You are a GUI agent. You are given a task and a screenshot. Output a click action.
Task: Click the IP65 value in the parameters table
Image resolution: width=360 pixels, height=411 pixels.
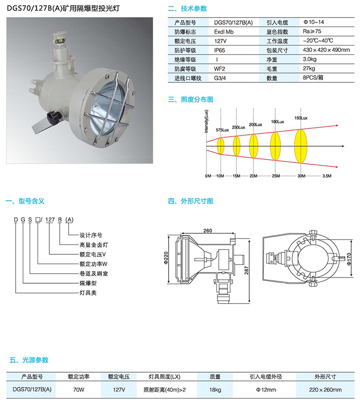coord(219,50)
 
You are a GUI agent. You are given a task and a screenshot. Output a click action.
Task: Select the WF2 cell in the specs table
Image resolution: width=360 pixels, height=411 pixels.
coord(219,69)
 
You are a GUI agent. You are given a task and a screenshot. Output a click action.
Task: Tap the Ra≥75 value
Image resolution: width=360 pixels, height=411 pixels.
coord(312,31)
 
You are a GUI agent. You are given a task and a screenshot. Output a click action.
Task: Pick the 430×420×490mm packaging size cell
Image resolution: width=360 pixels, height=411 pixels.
coord(326,50)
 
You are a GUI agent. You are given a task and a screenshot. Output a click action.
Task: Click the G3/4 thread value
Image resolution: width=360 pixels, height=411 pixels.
coord(220,78)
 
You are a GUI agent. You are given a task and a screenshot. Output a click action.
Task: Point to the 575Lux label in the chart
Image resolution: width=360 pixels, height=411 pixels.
coord(222,130)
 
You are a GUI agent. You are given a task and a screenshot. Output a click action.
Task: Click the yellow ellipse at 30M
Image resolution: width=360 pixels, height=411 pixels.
coord(301,146)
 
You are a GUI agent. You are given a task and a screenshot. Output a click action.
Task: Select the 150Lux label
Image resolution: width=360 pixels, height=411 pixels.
coord(301,118)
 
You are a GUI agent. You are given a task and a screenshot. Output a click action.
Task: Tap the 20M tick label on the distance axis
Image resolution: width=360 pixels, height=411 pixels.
coord(253,176)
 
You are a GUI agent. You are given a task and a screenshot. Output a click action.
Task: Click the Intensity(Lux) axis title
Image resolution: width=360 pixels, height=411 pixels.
coord(207,121)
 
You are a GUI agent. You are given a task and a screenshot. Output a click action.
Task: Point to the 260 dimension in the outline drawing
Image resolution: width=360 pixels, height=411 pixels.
coord(207,231)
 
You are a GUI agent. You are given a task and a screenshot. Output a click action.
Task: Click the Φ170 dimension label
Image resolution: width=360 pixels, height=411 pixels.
coord(349,259)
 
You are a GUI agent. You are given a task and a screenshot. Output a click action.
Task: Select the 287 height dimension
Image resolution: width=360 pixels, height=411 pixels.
coord(246,270)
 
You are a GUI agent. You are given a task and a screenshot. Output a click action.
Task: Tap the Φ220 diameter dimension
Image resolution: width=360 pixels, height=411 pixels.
coord(166,258)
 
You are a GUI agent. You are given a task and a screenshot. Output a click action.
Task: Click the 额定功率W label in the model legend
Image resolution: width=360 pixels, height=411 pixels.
coord(93,264)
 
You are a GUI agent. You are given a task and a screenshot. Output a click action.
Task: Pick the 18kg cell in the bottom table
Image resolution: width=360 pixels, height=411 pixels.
coord(215,390)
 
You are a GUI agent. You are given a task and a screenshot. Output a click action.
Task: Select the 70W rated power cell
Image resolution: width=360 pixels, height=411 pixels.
coord(79,390)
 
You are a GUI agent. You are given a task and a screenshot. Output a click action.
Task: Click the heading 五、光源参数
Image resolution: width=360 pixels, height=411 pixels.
coord(29,360)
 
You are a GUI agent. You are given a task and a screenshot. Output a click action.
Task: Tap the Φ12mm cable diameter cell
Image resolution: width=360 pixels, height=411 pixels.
coord(266,390)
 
